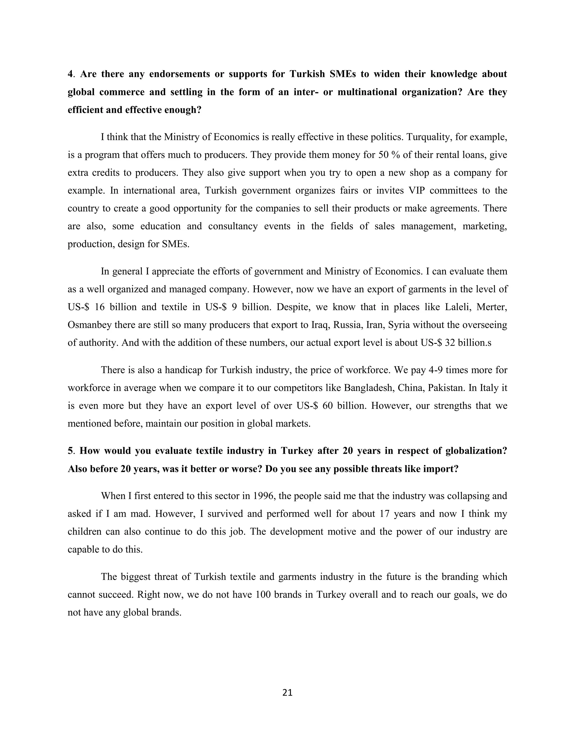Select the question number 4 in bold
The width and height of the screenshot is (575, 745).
[70, 74]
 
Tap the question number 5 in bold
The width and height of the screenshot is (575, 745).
[70, 451]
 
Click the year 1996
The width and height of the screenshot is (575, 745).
[264, 496]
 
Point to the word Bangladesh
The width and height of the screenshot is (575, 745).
[366, 388]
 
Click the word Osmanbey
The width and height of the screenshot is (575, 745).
[90, 325]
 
